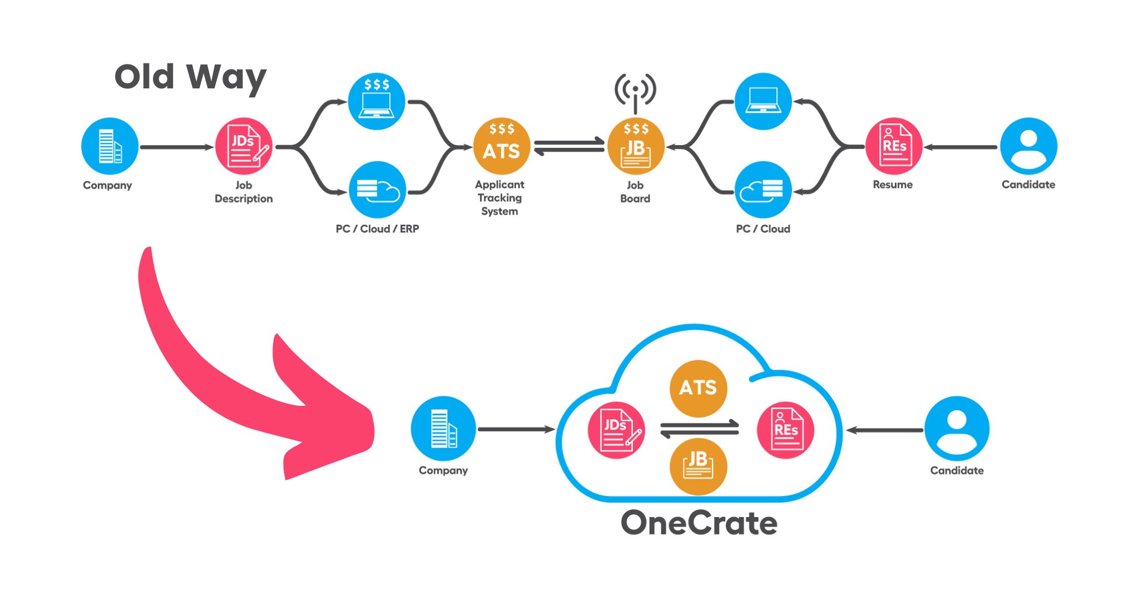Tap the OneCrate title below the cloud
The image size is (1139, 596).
pos(699,523)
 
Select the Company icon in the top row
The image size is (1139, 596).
pos(110,146)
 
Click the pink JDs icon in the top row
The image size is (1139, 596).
pos(244,146)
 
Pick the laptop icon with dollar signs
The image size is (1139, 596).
pos(377,101)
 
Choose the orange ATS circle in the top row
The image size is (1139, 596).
pos(502,146)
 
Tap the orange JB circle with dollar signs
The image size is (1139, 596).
pos(636,146)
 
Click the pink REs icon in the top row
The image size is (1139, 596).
pos(894,146)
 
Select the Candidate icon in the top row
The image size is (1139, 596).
pos(1028,146)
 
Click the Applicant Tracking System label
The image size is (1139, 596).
pos(499,198)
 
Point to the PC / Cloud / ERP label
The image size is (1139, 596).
pos(377,229)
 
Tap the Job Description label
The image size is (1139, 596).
pos(244,192)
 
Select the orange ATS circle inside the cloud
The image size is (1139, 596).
pos(699,388)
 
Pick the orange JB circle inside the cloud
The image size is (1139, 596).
pos(699,466)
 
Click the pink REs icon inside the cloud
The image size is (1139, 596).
pos(785,430)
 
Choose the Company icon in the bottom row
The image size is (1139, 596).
pos(443,429)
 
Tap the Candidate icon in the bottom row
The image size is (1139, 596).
pos(957,429)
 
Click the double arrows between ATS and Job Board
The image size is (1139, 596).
pos(569,146)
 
